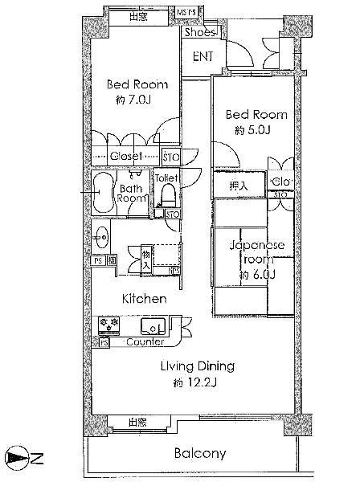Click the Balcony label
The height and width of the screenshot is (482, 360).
(x=200, y=453)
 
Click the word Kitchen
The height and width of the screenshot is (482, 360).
(x=144, y=299)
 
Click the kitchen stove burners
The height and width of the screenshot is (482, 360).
(x=109, y=325)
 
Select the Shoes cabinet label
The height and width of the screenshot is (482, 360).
(x=198, y=33)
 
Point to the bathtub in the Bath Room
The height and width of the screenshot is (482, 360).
(x=103, y=194)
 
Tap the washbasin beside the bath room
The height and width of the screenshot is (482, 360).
(x=100, y=238)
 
